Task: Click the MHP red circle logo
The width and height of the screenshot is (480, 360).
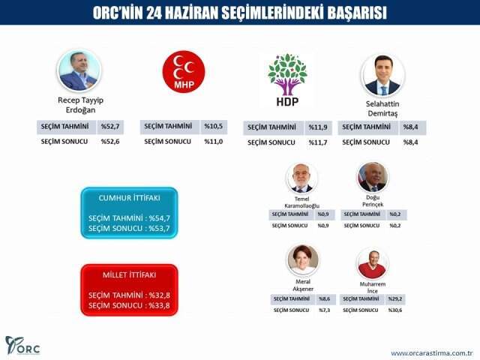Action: [184, 70]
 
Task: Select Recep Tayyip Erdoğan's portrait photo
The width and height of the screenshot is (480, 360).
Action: [79, 70]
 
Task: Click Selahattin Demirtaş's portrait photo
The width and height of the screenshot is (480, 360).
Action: [382, 73]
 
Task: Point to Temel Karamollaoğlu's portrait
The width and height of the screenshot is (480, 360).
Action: [301, 178]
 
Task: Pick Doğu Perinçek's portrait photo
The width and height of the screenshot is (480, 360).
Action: [372, 177]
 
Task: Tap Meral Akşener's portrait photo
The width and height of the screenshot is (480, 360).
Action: [303, 260]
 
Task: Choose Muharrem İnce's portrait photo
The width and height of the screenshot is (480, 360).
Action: [373, 263]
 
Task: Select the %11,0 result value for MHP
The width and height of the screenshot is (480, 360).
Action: [215, 140]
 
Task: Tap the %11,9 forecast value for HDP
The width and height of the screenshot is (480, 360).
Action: [320, 127]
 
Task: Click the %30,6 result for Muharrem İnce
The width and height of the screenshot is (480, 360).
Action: [394, 310]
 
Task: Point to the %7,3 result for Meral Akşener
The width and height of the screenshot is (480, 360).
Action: [324, 310]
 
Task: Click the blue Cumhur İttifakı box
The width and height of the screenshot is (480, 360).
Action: [130, 213]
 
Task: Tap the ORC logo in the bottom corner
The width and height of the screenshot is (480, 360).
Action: [22, 346]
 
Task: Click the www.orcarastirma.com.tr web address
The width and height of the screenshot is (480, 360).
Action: [431, 352]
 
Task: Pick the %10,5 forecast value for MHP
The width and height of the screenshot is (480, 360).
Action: [215, 126]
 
